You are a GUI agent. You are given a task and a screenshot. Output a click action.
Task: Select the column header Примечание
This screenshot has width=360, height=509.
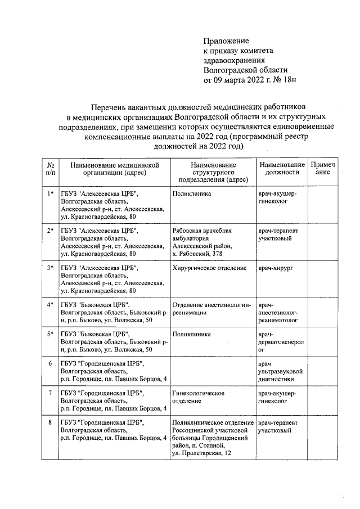323,169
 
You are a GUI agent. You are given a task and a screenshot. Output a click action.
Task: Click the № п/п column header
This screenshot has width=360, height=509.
51,169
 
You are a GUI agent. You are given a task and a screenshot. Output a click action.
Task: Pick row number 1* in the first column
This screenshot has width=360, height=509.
51,193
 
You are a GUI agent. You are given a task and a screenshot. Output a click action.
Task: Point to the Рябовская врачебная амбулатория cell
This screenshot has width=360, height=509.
202,242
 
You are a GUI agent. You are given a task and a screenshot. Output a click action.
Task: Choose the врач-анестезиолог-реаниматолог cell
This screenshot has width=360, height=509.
278,312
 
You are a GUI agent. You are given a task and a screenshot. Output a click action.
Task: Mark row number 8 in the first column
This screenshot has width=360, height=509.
51,422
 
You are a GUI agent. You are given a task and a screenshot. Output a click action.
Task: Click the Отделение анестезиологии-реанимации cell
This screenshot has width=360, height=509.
211,308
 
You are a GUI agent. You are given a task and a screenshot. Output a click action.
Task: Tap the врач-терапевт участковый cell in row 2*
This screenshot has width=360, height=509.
278,235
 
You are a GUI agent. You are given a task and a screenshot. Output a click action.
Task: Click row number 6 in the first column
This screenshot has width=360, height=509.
51,363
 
